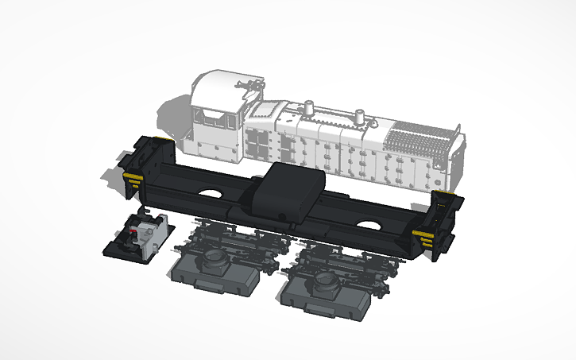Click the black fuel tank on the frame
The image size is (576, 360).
coord(285,194)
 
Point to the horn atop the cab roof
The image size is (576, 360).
coord(249,82)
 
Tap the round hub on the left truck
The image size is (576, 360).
coord(215,258)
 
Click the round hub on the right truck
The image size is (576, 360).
coord(323,281)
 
